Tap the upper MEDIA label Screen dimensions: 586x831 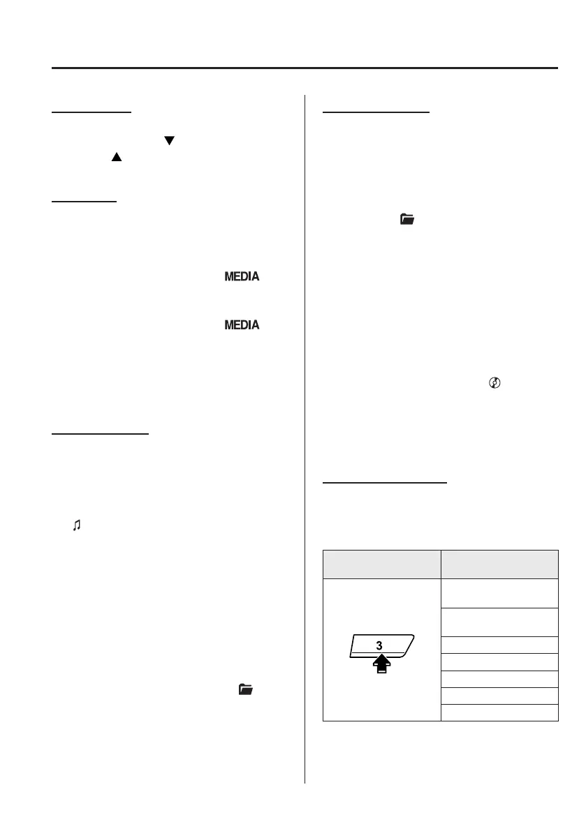click(x=242, y=277)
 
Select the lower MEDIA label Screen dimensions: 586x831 click(x=242, y=325)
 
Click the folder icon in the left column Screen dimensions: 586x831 click(x=245, y=689)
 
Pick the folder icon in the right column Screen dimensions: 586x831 click(x=406, y=219)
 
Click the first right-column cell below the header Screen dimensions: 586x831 click(x=499, y=592)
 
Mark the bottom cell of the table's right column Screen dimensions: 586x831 click(x=499, y=712)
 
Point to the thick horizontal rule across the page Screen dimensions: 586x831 click(x=305, y=68)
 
